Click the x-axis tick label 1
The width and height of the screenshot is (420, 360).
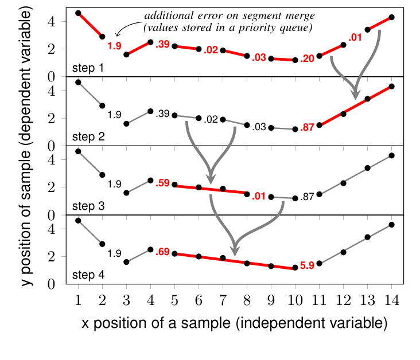[78, 299]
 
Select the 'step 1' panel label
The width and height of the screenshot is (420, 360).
[88, 68]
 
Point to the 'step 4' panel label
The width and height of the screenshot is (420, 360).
[88, 275]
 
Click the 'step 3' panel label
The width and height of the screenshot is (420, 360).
[88, 206]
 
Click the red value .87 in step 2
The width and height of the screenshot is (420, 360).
[308, 127]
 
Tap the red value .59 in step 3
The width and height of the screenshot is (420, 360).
[163, 183]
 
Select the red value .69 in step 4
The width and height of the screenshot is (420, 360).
[163, 252]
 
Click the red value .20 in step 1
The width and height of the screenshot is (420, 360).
[308, 58]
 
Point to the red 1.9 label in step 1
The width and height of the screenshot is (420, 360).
[114, 45]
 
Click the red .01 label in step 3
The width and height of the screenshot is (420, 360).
[259, 197]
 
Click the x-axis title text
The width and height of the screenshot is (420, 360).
[234, 323]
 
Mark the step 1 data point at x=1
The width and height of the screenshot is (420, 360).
[78, 13]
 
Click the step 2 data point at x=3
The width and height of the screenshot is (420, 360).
[126, 123]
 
